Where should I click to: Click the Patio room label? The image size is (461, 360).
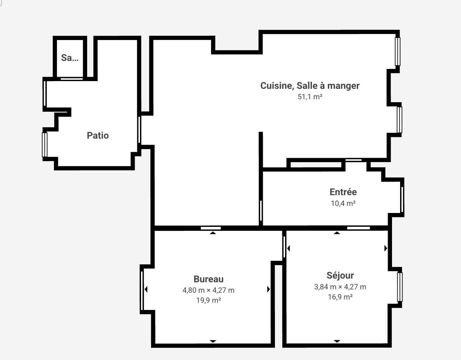[98, 136]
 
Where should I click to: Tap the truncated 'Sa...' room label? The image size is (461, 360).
[70, 58]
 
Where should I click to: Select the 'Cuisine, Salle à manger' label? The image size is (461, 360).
[310, 86]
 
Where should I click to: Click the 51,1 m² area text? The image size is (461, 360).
[310, 97]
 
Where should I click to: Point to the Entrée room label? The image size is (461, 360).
[343, 192]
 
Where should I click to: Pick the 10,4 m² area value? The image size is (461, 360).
[343, 203]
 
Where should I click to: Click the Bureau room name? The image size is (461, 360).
[209, 279]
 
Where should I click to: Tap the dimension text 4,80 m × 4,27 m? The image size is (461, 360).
[209, 290]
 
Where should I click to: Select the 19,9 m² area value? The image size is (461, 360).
[209, 300]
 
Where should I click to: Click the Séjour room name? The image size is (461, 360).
[340, 276]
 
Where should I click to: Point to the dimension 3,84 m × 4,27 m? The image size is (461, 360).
[340, 287]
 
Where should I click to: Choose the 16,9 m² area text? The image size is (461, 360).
[340, 297]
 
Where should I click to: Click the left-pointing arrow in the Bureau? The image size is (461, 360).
[146, 289]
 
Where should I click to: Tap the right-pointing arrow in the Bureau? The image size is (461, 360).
[269, 289]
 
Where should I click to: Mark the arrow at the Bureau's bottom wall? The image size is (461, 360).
[213, 341]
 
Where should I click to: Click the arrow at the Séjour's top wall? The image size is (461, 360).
[337, 233]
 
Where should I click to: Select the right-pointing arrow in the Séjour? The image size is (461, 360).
[386, 248]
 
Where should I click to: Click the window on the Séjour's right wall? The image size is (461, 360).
[400, 287]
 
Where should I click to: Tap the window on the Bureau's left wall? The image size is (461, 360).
[142, 291]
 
